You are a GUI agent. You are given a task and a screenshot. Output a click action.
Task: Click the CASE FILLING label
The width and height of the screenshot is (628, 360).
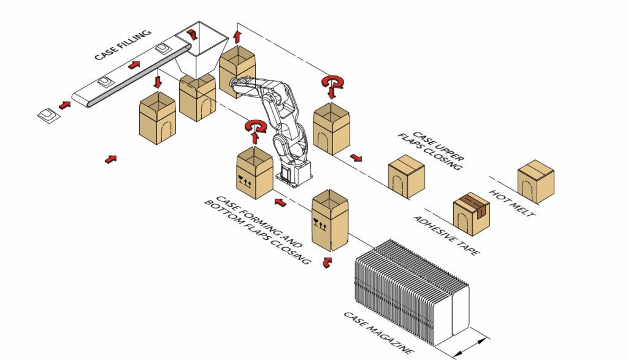(123, 45)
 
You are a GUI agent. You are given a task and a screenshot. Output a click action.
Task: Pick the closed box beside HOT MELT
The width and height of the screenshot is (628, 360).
(536, 182)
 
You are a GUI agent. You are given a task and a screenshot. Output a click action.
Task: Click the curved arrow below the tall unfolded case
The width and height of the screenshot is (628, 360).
(326, 262)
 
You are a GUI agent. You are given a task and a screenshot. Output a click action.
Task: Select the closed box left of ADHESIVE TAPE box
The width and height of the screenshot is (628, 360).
(406, 179)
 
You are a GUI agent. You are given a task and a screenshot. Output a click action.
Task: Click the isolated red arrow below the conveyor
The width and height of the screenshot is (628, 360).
(110, 159)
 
